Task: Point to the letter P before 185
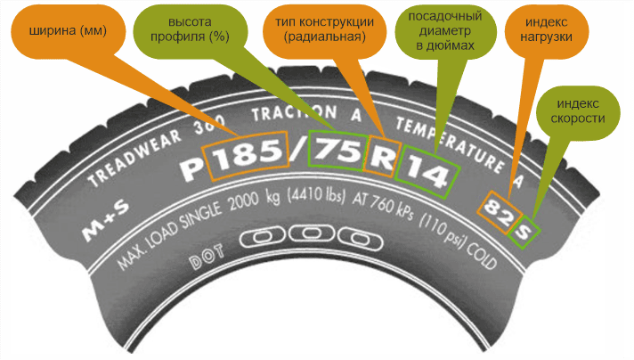click(190, 165)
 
